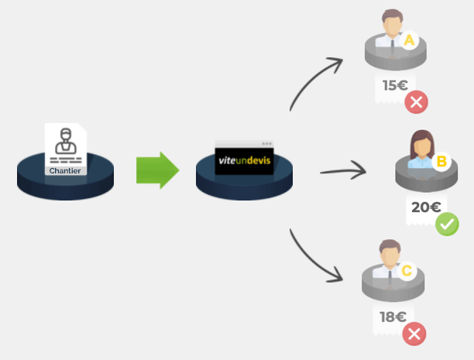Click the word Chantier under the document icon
point(65,170)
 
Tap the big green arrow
point(157,170)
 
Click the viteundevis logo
point(244,159)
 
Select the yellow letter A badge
point(410,39)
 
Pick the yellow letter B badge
point(441,161)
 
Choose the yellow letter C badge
point(407,272)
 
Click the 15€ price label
point(395,86)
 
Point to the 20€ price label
point(426,207)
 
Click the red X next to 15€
point(417,102)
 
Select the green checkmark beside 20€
point(447,225)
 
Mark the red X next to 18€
point(414,334)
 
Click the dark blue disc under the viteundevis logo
point(244,185)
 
